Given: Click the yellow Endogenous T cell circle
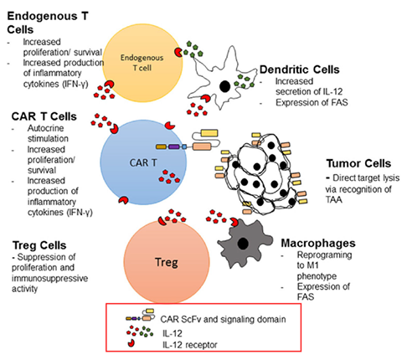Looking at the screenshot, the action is click(142, 63).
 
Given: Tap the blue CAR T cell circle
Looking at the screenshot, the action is click(143, 162).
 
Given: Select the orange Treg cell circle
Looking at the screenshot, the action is click(167, 261).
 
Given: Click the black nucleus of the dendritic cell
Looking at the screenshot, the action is click(224, 86).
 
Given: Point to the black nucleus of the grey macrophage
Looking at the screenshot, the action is click(243, 244).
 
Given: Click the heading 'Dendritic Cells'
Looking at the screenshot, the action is click(300, 69).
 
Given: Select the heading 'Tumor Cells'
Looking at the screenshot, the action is click(358, 163).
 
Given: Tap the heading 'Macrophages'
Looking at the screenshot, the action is click(318, 243).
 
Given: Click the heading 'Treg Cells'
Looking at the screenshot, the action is click(39, 245).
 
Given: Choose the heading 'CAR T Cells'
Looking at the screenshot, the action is click(44, 116).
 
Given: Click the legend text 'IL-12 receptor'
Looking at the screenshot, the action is click(190, 345).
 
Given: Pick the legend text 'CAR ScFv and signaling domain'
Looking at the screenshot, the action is click(223, 319).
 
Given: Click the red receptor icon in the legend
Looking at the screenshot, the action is click(131, 343).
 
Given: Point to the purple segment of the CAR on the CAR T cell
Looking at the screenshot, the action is click(173, 147).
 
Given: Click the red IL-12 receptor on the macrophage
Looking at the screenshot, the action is click(234, 222).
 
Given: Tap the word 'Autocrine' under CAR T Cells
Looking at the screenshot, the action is click(45, 128).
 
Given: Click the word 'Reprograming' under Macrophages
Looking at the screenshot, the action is click(324, 255).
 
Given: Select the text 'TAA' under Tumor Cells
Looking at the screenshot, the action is click(333, 200).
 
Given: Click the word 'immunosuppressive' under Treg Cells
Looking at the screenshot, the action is click(50, 278).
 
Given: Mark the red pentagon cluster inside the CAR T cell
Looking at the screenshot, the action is click(169, 177).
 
